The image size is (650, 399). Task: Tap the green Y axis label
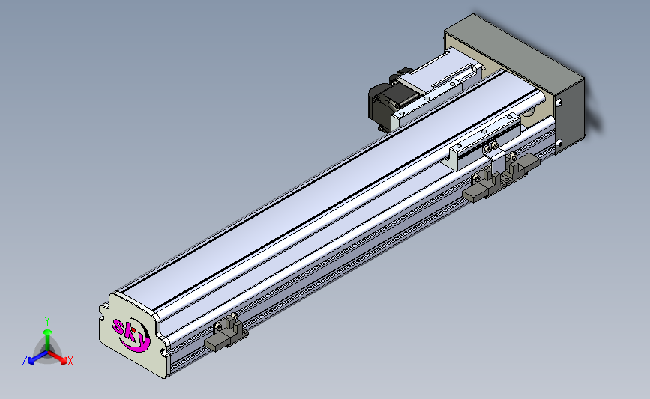(x=47, y=321)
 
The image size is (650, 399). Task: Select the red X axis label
(x=70, y=361)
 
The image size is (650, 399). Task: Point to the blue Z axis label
(x=25, y=361)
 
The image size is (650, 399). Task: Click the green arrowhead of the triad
(x=48, y=332)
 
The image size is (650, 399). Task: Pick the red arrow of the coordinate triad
(x=57, y=357)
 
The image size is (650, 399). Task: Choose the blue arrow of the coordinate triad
(x=37, y=358)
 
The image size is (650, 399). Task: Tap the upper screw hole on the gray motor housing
(x=559, y=102)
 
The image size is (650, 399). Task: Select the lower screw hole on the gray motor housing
(x=559, y=143)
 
